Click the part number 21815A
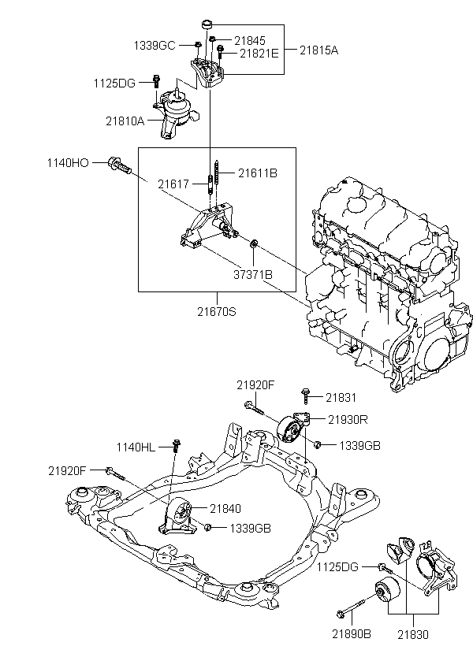318,50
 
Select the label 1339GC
155,46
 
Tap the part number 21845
250,40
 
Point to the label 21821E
259,53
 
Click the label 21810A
125,121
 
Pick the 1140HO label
68,163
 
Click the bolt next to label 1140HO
119,165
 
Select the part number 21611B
258,173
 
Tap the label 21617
173,184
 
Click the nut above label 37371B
254,243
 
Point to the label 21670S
217,311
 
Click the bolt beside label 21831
306,395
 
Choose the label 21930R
348,419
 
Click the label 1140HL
136,447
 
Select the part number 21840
225,509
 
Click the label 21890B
352,634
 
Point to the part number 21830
413,634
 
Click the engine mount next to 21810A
176,113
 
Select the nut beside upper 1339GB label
317,444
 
